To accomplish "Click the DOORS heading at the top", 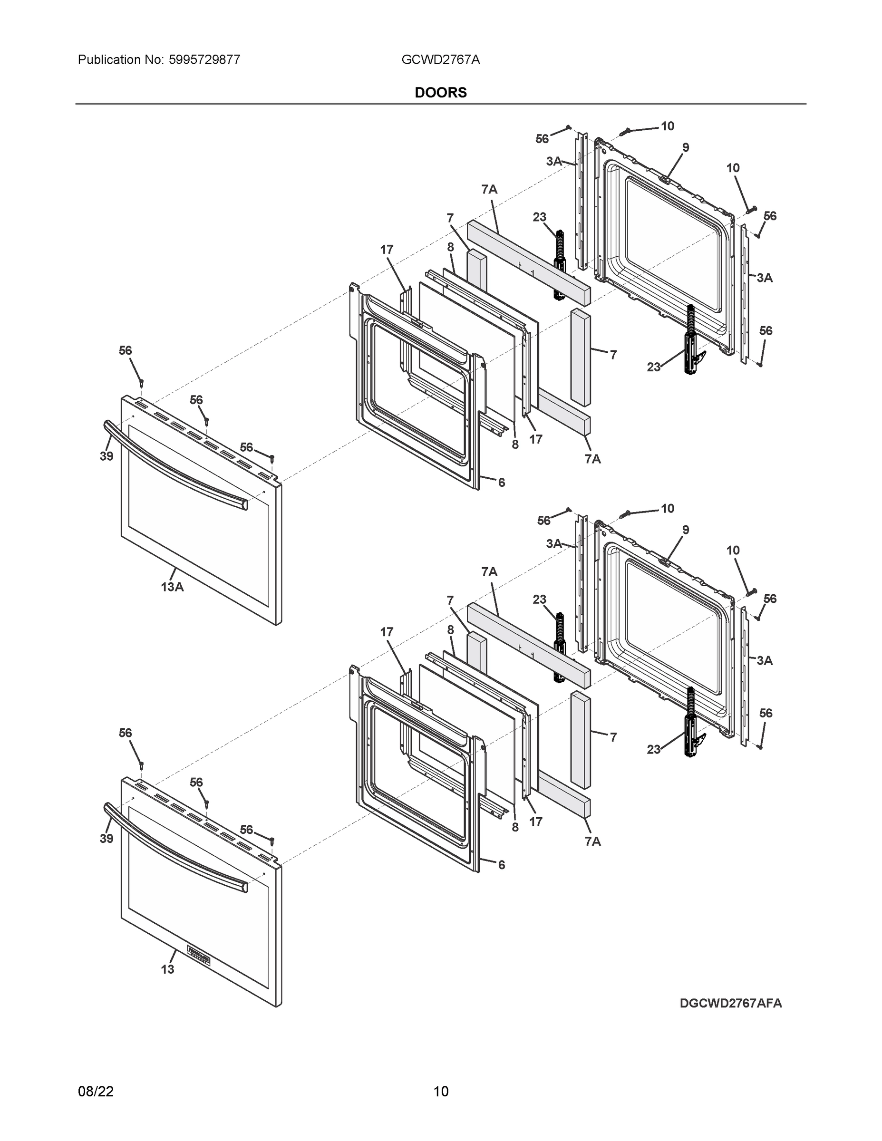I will pyautogui.click(x=440, y=93).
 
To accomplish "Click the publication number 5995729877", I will pyautogui.click(x=204, y=59).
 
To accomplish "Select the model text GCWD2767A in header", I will pyautogui.click(x=440, y=59).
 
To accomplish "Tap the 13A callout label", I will pyautogui.click(x=172, y=587).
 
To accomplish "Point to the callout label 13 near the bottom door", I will pyautogui.click(x=167, y=969).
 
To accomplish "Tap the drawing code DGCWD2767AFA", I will pyautogui.click(x=730, y=1003).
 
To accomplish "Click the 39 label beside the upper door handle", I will pyautogui.click(x=107, y=456).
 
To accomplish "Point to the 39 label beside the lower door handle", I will pyautogui.click(x=107, y=839).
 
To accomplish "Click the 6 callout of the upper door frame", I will pyautogui.click(x=502, y=483).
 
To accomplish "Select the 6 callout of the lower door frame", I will pyautogui.click(x=502, y=865).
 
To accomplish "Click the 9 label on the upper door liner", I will pyautogui.click(x=686, y=147).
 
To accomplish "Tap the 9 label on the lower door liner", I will pyautogui.click(x=686, y=530).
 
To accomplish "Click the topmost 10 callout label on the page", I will pyautogui.click(x=667, y=126).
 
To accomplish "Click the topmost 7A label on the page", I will pyautogui.click(x=490, y=190).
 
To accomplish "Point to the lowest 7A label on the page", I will pyautogui.click(x=592, y=841).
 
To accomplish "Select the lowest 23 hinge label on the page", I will pyautogui.click(x=654, y=750).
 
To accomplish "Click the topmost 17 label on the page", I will pyautogui.click(x=387, y=250).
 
